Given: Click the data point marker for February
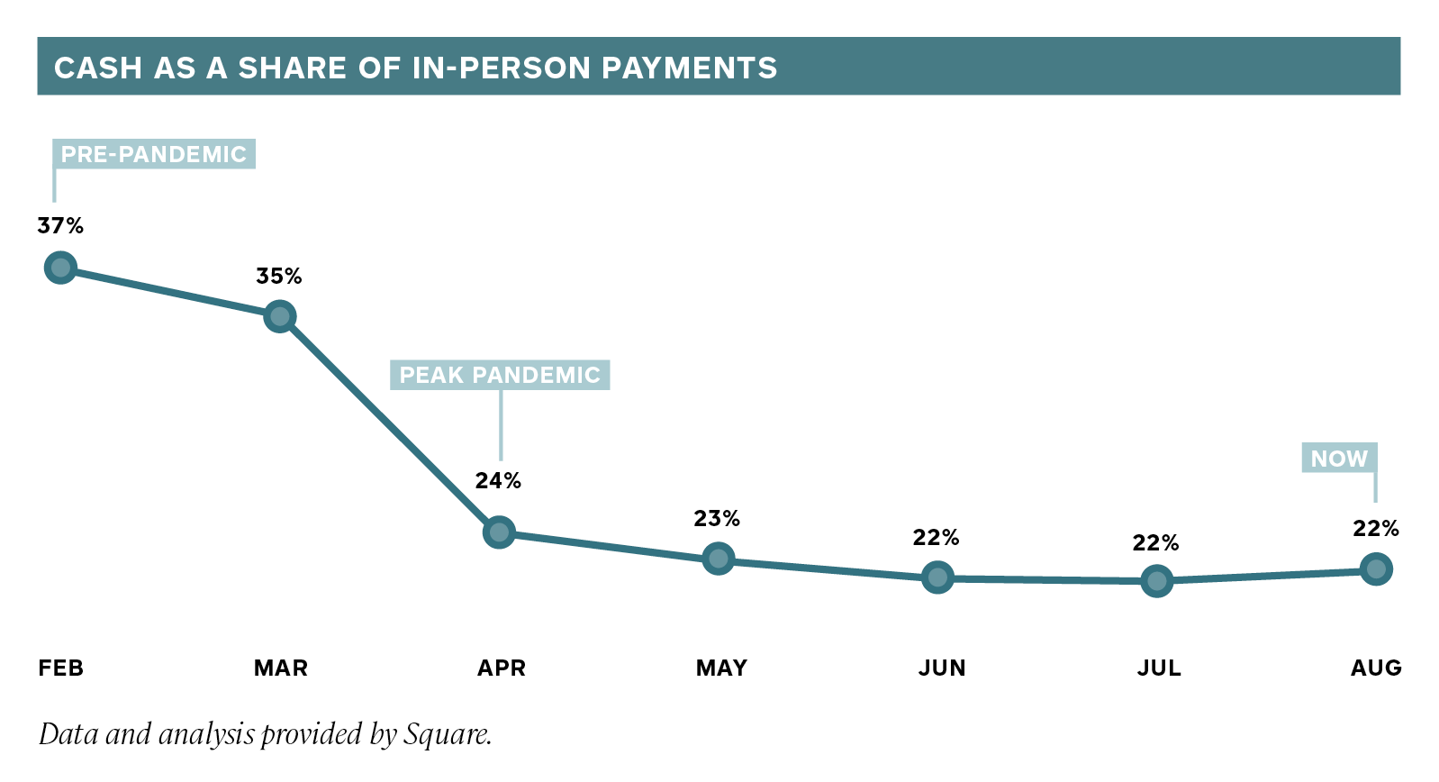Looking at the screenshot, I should [60, 268].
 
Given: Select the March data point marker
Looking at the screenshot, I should [280, 316].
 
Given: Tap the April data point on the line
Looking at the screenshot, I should [499, 532].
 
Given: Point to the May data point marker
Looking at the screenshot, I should [718, 559].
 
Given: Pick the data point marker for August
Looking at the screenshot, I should [1376, 568].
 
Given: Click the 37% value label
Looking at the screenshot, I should [60, 226].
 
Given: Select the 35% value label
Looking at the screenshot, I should [279, 277].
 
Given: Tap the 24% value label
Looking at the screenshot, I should [498, 481].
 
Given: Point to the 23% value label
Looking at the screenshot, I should [717, 519].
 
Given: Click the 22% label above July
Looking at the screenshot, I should [1155, 543].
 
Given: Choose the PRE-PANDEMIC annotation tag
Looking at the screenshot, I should [154, 154].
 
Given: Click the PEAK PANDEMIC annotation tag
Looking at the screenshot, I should [500, 375].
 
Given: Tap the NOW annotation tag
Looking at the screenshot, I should [1339, 459].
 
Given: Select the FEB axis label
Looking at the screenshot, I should [60, 668].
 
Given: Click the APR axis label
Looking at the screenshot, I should [501, 668].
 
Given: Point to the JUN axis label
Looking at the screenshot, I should [942, 668].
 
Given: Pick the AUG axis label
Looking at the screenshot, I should [1376, 668].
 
